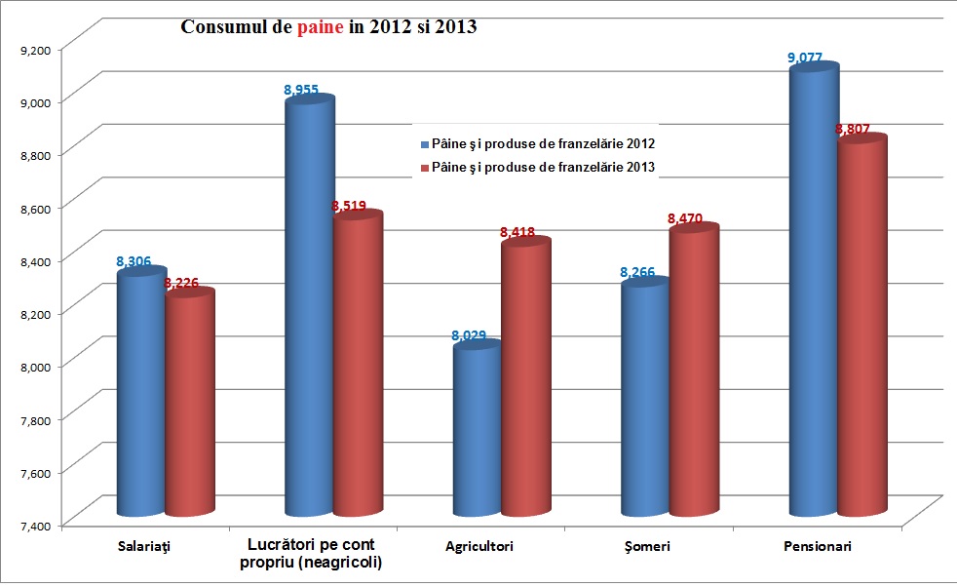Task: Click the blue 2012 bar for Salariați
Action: click(x=141, y=394)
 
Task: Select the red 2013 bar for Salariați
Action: click(x=189, y=404)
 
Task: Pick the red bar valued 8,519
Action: click(x=358, y=366)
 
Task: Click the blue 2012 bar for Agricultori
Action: click(x=477, y=429)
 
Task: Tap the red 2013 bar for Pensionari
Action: click(x=861, y=327)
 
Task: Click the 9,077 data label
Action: click(x=806, y=58)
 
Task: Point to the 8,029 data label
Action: click(x=469, y=335)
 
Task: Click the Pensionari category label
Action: click(x=818, y=547)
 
